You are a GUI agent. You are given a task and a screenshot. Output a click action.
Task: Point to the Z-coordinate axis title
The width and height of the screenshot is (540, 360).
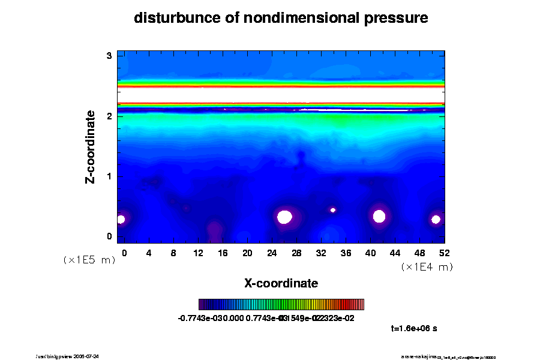[91, 146]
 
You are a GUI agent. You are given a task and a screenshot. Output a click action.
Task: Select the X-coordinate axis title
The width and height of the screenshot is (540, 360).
[281, 283]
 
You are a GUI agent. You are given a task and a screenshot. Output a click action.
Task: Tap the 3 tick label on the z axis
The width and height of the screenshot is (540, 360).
[109, 56]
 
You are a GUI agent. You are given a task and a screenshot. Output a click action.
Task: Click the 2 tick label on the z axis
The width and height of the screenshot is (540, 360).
[109, 116]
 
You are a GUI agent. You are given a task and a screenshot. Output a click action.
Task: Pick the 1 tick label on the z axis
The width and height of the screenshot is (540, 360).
[109, 176]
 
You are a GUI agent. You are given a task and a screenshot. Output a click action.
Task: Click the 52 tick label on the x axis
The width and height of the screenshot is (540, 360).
[445, 253]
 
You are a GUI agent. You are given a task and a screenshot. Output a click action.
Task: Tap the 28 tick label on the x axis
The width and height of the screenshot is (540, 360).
[296, 253]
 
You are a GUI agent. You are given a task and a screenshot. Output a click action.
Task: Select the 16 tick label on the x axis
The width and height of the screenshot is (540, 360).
[223, 253]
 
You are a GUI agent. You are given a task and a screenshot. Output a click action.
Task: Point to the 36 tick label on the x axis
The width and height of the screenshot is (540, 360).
[346, 253]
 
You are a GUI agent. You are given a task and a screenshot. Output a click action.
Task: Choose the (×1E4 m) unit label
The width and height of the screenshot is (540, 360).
[427, 267]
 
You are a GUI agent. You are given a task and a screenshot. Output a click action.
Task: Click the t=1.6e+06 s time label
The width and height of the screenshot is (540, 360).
[417, 328]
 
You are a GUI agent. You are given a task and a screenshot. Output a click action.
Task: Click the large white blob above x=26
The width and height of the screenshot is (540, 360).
[284, 217]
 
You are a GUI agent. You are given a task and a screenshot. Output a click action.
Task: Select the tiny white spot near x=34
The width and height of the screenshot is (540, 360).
[333, 210]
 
